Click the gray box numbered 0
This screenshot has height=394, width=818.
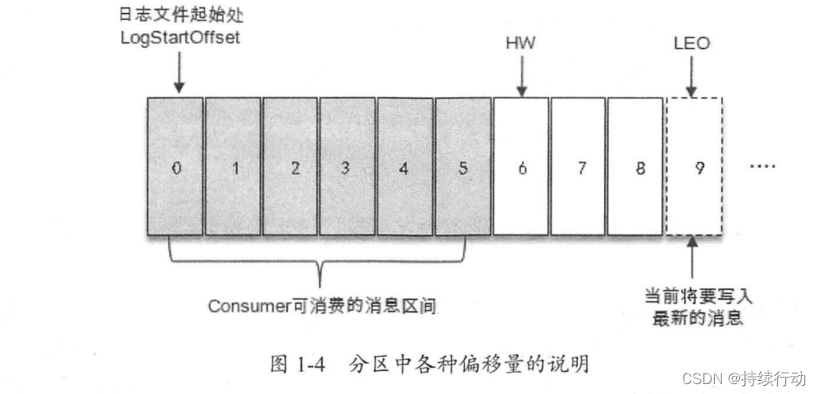(175, 168)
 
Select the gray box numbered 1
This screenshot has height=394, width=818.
(233, 168)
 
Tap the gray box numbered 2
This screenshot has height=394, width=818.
(290, 168)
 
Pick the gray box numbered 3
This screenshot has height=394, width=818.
(348, 168)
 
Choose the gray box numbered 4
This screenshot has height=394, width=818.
(405, 168)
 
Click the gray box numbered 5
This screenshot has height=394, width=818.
(463, 168)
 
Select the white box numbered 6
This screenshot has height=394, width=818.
(521, 168)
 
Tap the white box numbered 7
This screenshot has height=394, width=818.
(579, 168)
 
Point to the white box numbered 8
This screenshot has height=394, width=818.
(637, 168)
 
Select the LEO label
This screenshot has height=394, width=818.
(694, 43)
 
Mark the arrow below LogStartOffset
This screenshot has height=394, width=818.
(178, 75)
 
